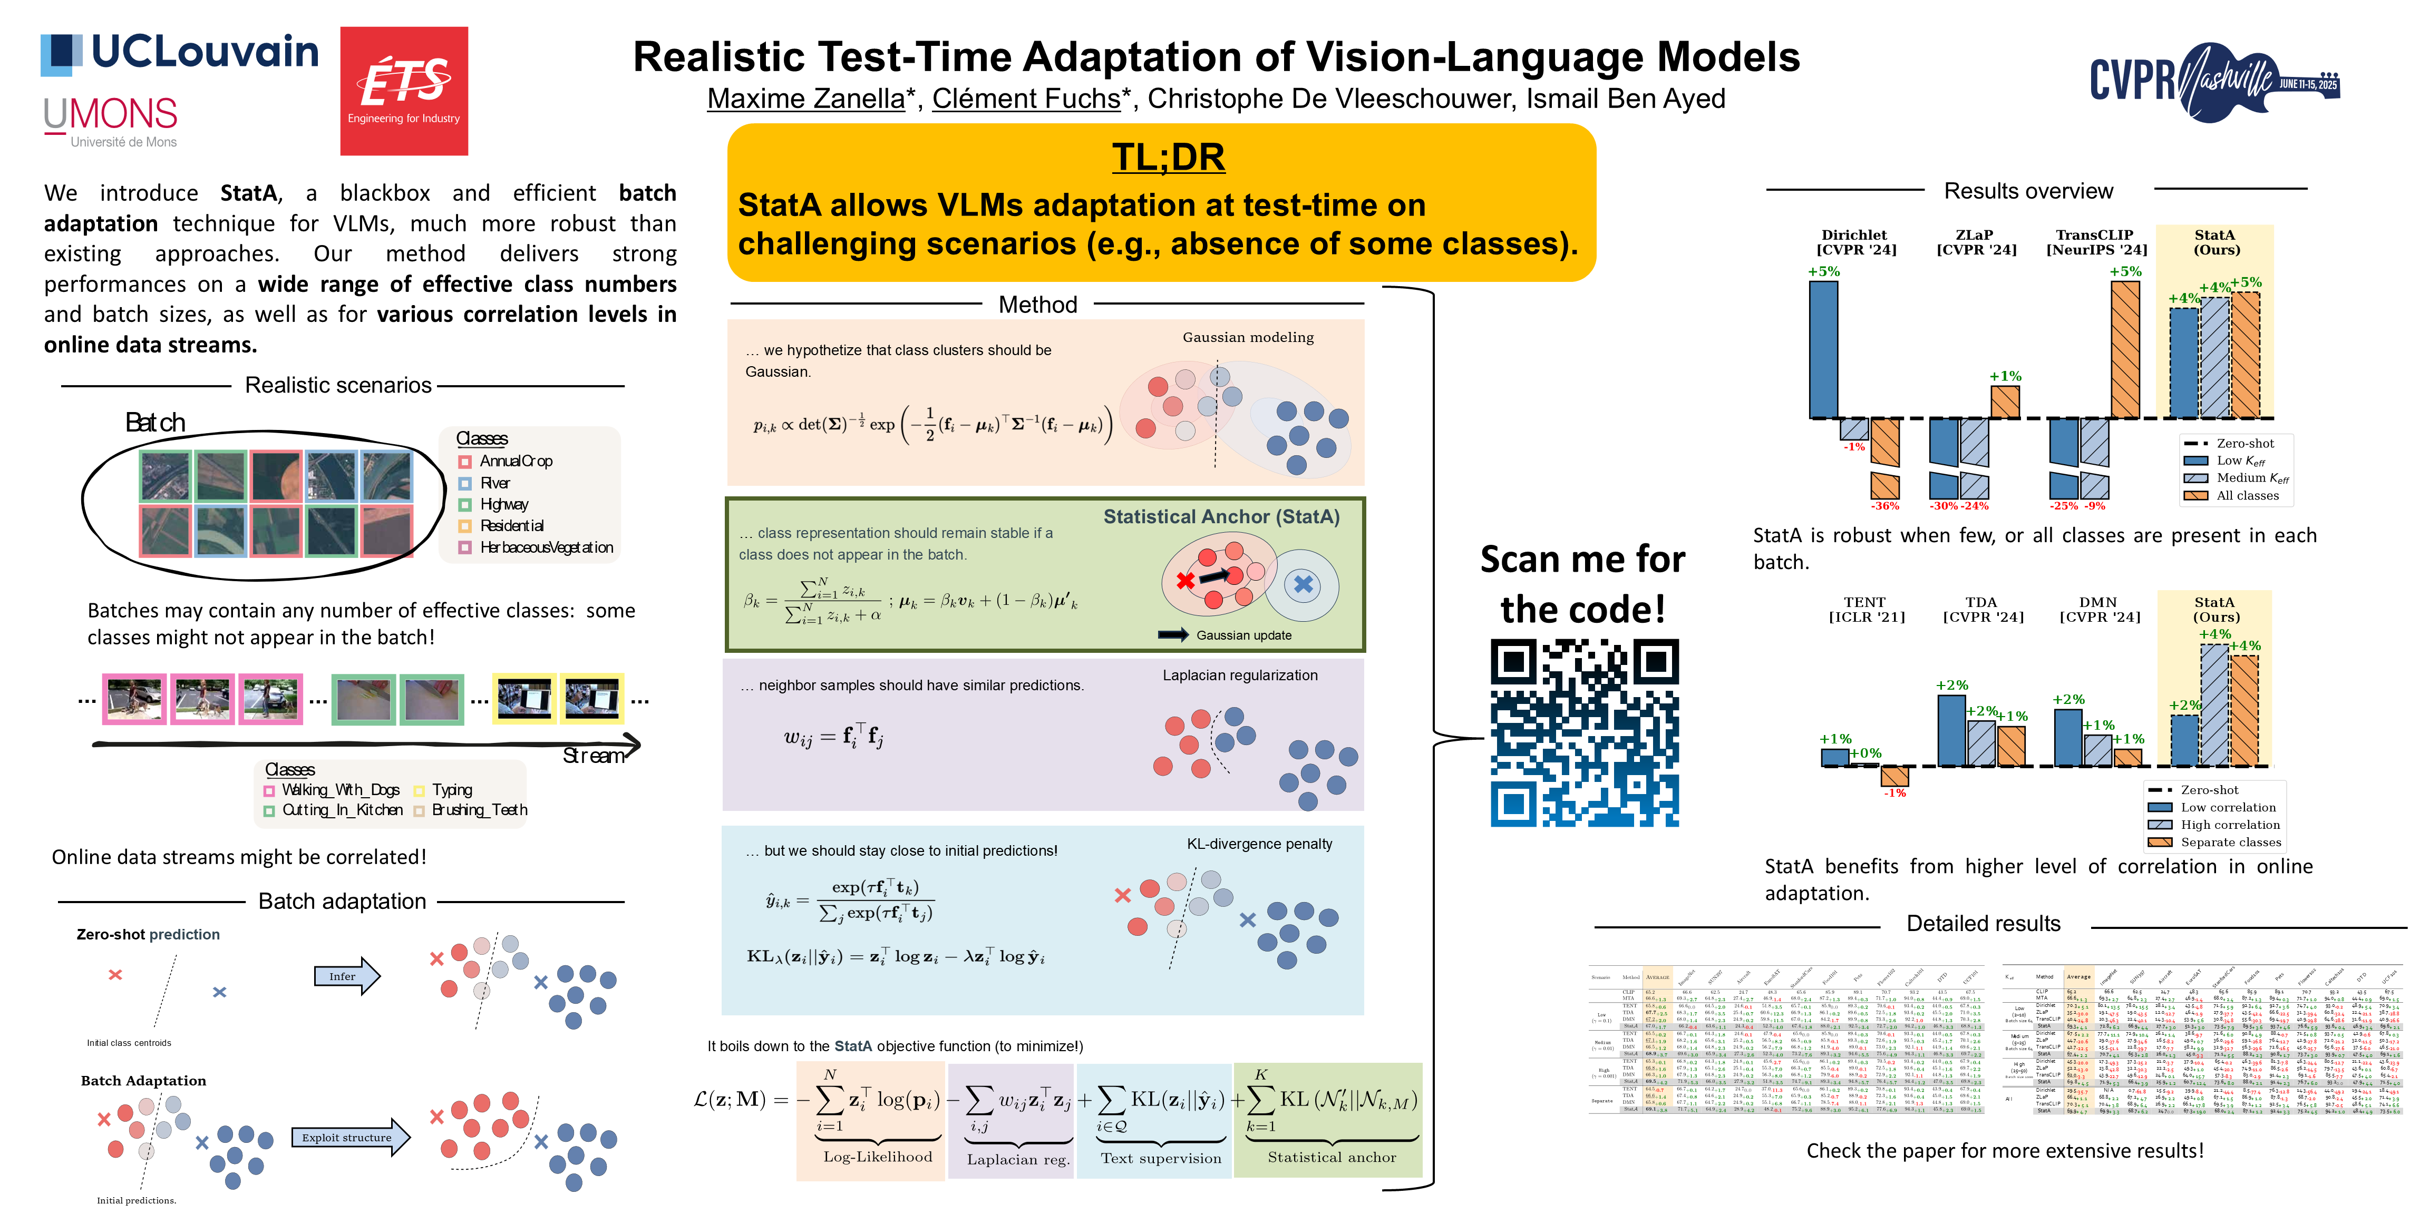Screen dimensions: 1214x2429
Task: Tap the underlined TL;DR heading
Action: [x=1168, y=156]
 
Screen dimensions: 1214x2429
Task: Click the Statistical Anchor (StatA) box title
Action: [x=1221, y=516]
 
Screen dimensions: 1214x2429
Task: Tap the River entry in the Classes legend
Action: [x=494, y=483]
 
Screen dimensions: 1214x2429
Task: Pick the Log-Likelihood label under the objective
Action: [x=877, y=1157]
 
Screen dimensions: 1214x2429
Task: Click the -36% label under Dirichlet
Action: [x=1884, y=506]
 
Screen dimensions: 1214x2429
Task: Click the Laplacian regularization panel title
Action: [x=1239, y=675]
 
